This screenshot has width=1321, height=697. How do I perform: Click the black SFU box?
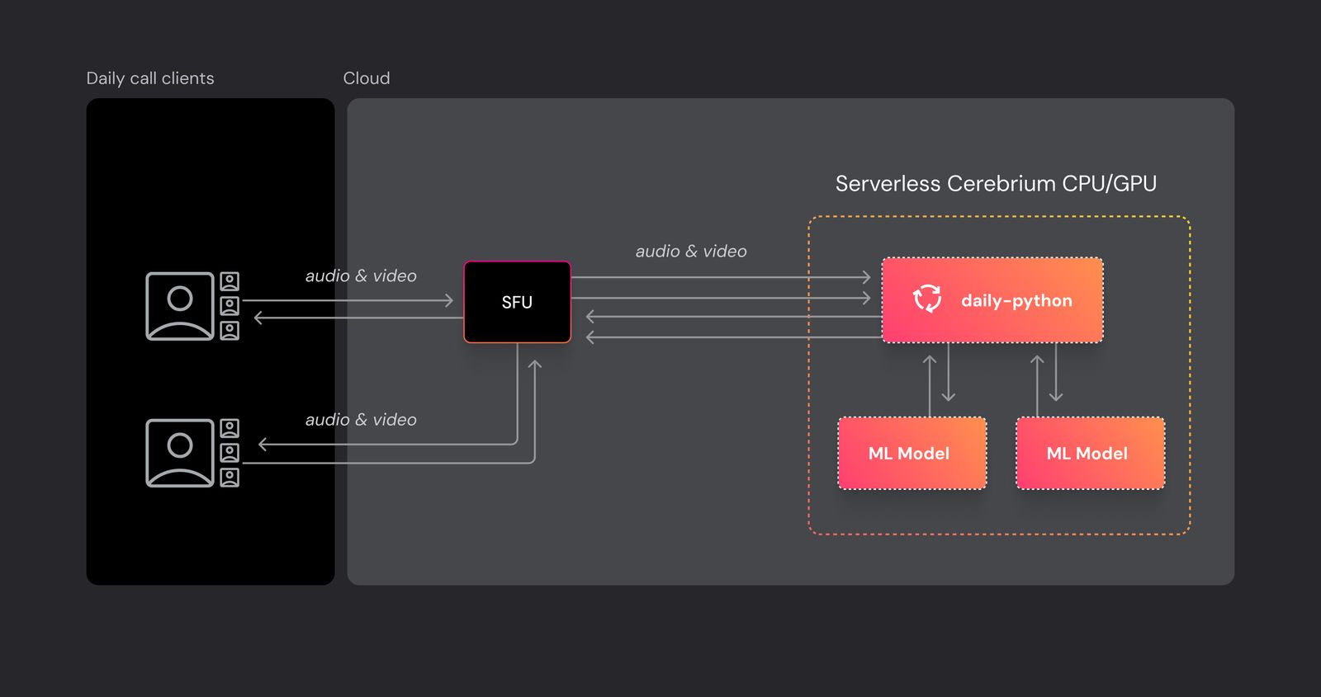517,302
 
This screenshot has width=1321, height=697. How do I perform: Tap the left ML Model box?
911,453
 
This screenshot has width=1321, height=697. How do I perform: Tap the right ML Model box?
1090,453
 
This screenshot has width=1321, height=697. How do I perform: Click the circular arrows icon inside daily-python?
926,299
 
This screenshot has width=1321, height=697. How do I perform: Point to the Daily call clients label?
149,78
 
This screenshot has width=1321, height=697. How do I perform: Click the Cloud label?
366,78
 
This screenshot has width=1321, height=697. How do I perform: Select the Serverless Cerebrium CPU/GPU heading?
995,183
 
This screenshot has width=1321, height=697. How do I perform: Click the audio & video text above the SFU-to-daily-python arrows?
690,252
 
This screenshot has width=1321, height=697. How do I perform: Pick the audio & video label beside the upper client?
361,276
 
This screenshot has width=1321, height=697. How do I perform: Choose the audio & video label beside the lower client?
361,420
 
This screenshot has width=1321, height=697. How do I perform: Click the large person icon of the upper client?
180,306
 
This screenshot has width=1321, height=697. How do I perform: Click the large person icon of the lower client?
180,453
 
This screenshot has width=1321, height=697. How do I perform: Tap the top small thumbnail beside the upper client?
230,281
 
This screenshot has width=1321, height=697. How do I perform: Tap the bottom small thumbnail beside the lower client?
230,478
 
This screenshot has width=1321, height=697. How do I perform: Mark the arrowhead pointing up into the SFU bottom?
534,365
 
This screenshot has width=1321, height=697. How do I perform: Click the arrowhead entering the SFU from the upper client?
450,300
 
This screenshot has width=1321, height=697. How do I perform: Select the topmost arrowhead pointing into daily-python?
867,277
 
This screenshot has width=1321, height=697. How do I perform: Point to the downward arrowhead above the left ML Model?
948,397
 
